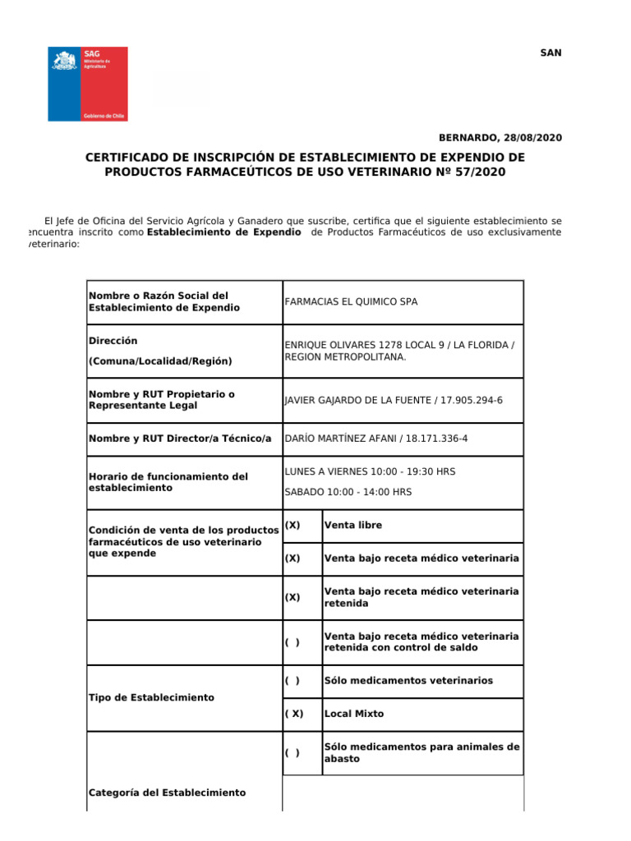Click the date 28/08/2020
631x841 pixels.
tap(533, 138)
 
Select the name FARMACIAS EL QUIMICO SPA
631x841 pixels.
tap(351, 301)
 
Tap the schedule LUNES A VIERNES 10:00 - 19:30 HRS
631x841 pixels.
tap(370, 471)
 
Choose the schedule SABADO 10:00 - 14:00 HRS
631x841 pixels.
tap(348, 492)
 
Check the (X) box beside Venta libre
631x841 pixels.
tap(292, 526)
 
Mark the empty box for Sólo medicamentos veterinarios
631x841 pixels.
tap(292, 681)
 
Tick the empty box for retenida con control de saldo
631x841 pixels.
tap(292, 642)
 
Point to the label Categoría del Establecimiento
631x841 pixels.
tap(167, 793)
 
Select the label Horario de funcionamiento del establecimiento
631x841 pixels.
tap(168, 482)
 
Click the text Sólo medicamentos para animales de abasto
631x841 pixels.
tap(421, 753)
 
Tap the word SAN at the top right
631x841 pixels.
tap(550, 53)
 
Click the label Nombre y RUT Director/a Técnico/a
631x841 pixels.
tap(180, 439)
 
